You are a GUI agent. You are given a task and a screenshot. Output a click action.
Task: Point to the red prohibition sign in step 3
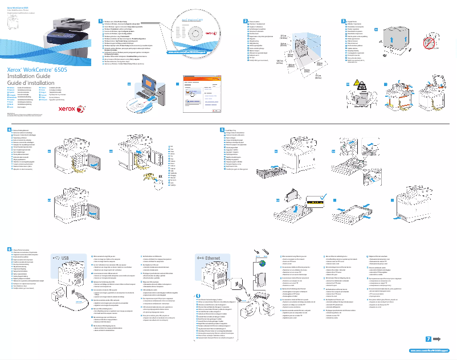coord(432,43)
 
